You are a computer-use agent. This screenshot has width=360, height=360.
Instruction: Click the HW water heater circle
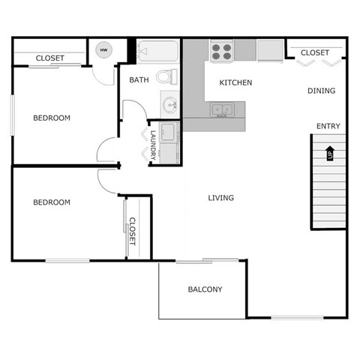click(103, 51)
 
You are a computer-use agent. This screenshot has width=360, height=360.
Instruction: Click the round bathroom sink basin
click(169, 103)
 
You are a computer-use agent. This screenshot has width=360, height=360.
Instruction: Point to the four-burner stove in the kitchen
click(221, 51)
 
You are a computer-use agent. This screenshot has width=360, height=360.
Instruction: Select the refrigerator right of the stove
click(269, 50)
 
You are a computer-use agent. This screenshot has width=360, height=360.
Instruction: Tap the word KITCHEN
click(235, 82)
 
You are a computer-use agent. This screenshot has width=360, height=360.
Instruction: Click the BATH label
click(139, 79)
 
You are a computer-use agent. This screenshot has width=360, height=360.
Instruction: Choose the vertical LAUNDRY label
click(153, 145)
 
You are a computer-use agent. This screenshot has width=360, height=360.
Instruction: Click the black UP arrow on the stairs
click(328, 154)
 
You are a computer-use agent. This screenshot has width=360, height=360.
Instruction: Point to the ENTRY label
click(328, 126)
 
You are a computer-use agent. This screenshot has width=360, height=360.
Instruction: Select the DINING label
click(321, 91)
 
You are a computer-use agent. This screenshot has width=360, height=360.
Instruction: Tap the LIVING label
click(220, 198)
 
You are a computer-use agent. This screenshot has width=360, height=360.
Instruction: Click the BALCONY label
click(205, 289)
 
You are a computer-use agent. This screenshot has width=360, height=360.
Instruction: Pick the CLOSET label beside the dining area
click(315, 52)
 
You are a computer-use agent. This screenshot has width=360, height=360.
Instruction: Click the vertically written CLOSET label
click(132, 232)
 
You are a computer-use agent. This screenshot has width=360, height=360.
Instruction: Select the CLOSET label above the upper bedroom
click(49, 58)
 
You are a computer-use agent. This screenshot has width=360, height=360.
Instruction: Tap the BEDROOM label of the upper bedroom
click(52, 118)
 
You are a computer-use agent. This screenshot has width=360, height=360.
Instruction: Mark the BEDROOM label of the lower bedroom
click(52, 202)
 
